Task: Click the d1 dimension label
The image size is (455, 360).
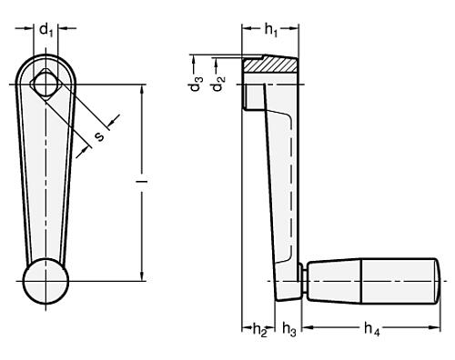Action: click(x=45, y=29)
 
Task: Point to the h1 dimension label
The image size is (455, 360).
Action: click(x=270, y=29)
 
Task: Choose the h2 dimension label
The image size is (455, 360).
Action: click(x=258, y=328)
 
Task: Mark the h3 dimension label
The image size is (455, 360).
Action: click(x=289, y=328)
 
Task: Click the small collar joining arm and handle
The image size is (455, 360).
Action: click(x=301, y=281)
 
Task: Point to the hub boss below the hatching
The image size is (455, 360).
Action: click(x=246, y=96)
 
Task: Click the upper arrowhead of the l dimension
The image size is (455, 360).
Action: click(x=142, y=89)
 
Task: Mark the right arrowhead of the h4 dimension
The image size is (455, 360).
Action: click(x=444, y=323)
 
